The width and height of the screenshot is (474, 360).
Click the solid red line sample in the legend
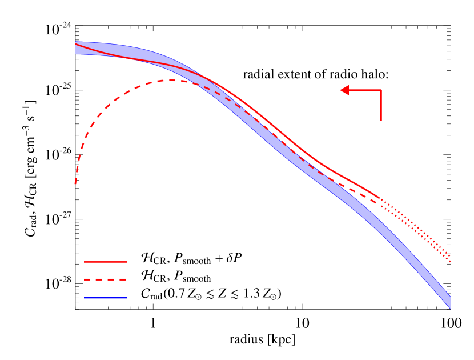pos(105,262)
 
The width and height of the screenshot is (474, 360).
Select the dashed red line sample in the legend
pos(105,280)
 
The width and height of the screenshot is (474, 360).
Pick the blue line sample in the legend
pos(105,298)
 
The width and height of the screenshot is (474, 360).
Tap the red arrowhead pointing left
pos(344,90)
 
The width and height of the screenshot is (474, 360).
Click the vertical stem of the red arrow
pos(381,106)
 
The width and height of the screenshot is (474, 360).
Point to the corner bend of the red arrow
pos(381,90)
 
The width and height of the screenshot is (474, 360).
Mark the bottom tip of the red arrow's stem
pos(381,120)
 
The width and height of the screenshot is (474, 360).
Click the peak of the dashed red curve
pos(170,80)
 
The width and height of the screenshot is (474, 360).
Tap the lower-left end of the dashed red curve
pos(75,183)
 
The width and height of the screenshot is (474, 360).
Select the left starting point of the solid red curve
pos(76,44)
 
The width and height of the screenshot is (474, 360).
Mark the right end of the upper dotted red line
pos(450,256)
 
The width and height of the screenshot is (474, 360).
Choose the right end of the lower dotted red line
pos(450,261)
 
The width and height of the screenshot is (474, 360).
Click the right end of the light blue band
pos(450,303)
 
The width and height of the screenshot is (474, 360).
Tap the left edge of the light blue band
pos(76,48)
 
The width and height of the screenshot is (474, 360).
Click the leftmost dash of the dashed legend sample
pos(87,280)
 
